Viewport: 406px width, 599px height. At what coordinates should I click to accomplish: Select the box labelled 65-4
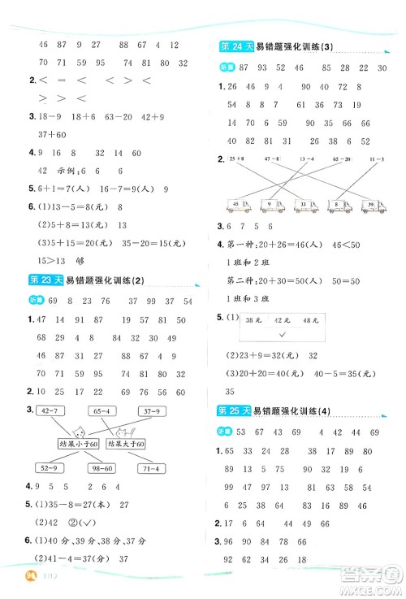coord(102,411)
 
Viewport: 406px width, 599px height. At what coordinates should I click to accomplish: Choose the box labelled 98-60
coord(102,469)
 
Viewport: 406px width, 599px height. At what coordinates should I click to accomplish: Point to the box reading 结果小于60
coord(77,444)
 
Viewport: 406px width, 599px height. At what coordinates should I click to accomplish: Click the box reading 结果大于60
coord(126,444)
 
